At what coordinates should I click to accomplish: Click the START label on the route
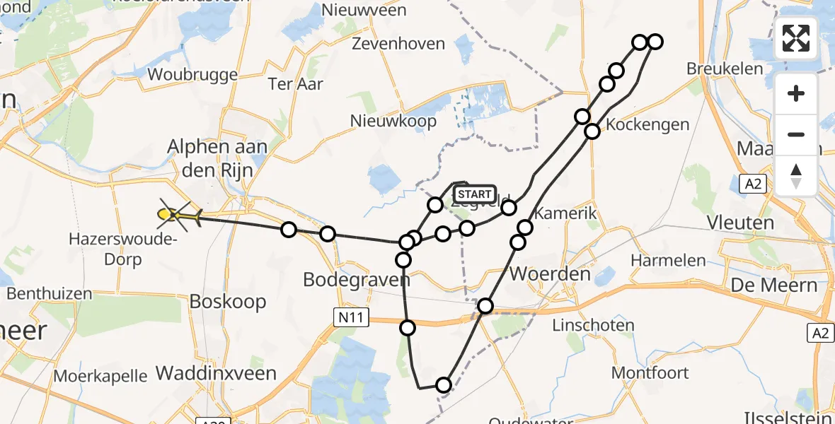(x=474, y=194)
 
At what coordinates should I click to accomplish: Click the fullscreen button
(x=796, y=38)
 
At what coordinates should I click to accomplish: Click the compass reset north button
(x=796, y=175)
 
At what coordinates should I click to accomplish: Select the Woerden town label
(x=540, y=273)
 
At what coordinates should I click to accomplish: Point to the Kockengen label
(x=647, y=125)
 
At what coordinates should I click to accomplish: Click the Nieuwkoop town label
(x=393, y=121)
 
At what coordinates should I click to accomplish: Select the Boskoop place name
(x=228, y=302)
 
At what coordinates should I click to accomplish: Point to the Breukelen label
(x=725, y=69)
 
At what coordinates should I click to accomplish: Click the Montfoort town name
(x=645, y=372)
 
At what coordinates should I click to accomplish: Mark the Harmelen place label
(x=668, y=260)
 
